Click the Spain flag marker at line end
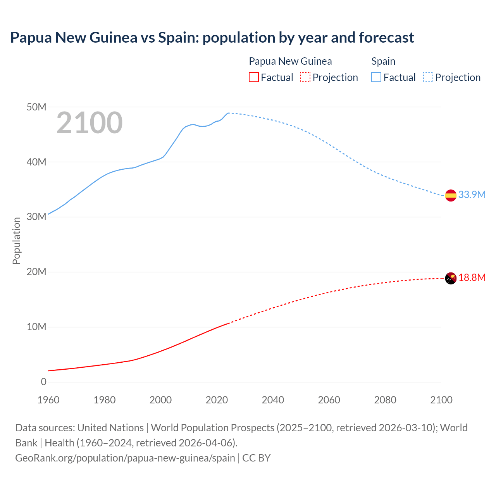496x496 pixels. (x=451, y=196)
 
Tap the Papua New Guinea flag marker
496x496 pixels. (x=451, y=278)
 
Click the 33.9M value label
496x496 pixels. (x=472, y=195)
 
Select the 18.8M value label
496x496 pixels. (x=472, y=277)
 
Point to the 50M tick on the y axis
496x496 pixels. (x=36, y=107)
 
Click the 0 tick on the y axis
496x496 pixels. (x=43, y=382)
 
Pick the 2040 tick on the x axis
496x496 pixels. (x=273, y=400)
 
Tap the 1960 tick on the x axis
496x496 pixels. (x=48, y=400)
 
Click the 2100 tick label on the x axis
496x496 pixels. (x=441, y=400)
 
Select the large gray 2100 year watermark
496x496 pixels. (x=90, y=123)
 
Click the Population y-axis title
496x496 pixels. (x=16, y=241)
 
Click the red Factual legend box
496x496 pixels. (x=253, y=77)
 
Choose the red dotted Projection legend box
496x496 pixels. (x=305, y=77)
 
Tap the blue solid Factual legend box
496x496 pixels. (x=376, y=77)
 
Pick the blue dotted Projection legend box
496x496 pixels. (x=428, y=77)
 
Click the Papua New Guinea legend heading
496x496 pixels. (x=290, y=61)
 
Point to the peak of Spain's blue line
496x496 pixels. (x=228, y=113)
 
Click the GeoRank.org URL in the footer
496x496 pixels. (x=125, y=458)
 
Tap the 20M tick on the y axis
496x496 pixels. (x=36, y=272)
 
